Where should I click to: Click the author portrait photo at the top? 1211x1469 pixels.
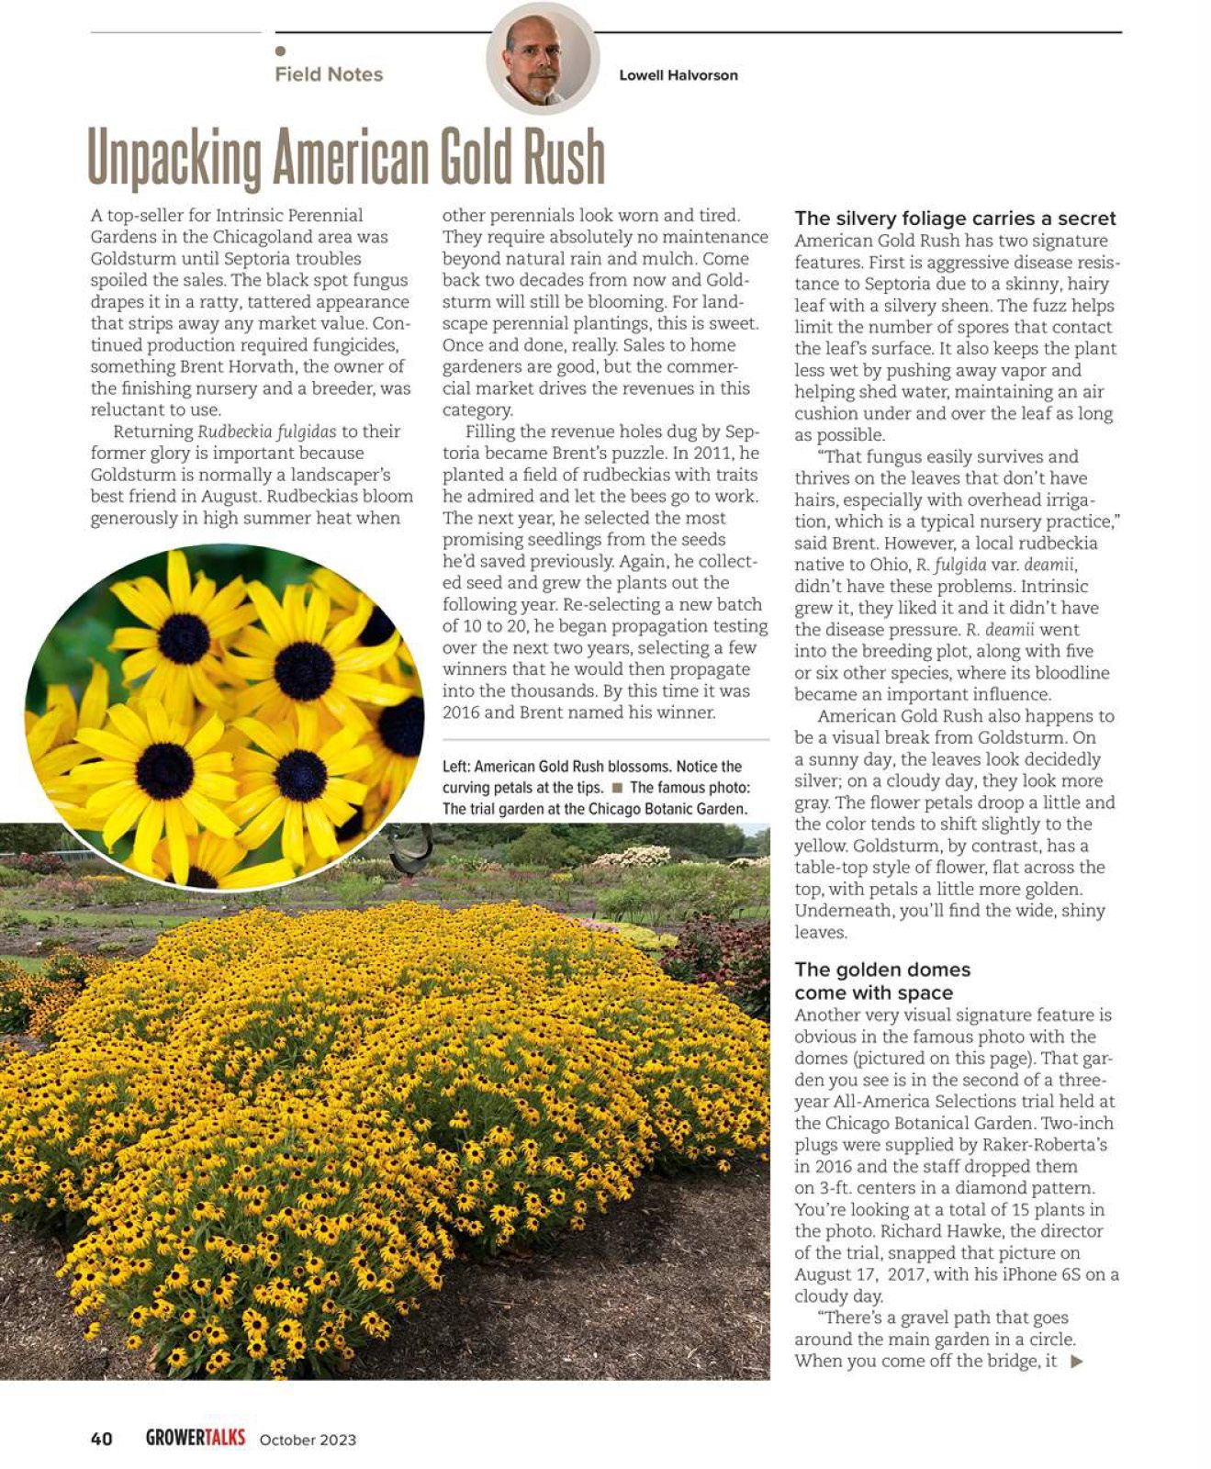tap(543, 58)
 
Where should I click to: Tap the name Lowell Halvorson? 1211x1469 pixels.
tap(678, 75)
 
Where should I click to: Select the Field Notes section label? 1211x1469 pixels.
tap(329, 74)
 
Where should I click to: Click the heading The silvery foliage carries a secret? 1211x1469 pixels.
tap(955, 219)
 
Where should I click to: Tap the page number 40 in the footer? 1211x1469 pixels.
tap(101, 1439)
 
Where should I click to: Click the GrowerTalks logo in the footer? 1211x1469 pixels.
tap(196, 1438)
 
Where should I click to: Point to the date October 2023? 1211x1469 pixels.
tap(308, 1440)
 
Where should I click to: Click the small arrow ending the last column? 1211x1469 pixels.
tap(1077, 1362)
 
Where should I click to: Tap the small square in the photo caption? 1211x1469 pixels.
tap(617, 788)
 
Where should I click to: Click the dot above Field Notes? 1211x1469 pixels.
tap(280, 51)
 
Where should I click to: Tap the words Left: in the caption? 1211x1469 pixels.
tap(456, 767)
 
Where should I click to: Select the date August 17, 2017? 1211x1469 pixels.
tap(862, 1274)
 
